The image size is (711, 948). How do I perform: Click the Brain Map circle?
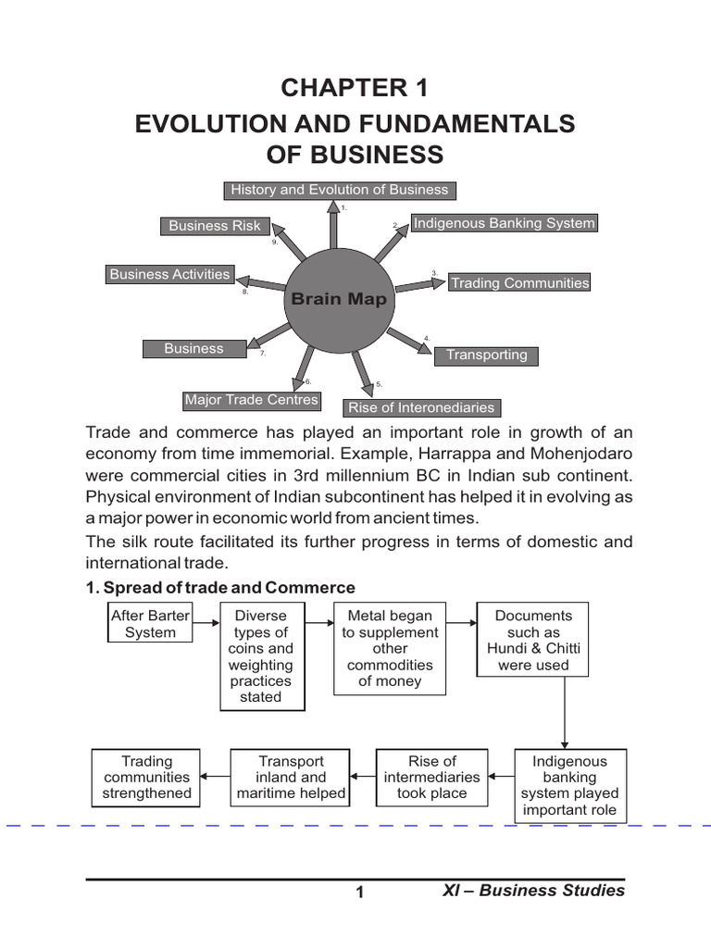coord(338,298)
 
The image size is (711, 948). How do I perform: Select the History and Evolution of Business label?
coord(339,190)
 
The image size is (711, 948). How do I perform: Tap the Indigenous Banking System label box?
coord(504,223)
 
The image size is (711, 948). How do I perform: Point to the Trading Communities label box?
coord(519,283)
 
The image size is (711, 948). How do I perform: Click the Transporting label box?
coord(486,355)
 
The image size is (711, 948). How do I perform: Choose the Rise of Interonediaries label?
coord(421,407)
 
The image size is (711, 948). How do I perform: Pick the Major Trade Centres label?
coord(251,400)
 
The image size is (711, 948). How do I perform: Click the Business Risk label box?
coord(215,226)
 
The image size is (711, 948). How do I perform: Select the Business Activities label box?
coord(169,274)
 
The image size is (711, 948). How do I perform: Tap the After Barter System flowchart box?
coord(150,624)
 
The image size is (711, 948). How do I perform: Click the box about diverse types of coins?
coord(262,656)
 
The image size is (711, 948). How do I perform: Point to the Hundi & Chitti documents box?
coord(533,641)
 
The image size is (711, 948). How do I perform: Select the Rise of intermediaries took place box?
coord(431,778)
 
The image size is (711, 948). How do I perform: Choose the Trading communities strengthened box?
coord(147,778)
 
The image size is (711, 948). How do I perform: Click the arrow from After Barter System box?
coord(206,623)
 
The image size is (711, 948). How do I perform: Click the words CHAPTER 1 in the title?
coord(355,89)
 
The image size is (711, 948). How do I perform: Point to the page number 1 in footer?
coord(362,892)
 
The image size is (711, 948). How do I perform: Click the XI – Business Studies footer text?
coord(532,891)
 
